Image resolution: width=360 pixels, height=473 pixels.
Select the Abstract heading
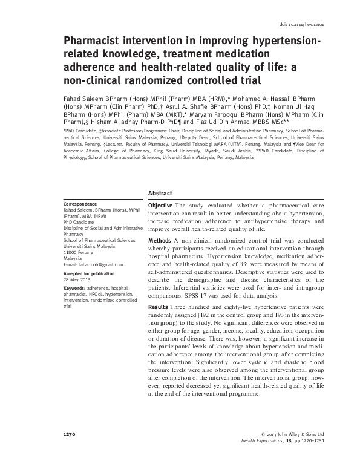point(160,193)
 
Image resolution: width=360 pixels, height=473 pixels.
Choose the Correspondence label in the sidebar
point(80,204)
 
